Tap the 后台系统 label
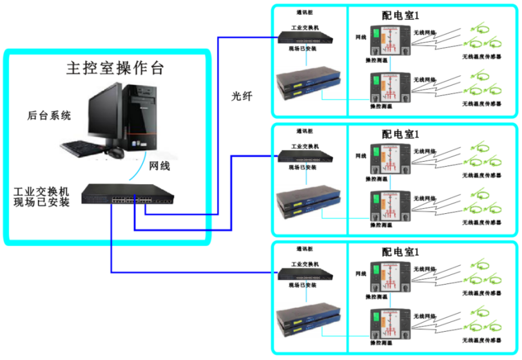(49, 116)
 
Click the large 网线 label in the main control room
(159, 166)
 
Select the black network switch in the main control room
(128, 193)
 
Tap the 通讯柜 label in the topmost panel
(305, 12)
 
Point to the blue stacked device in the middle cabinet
(307, 202)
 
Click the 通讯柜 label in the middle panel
(305, 131)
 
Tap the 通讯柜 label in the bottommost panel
(305, 249)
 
